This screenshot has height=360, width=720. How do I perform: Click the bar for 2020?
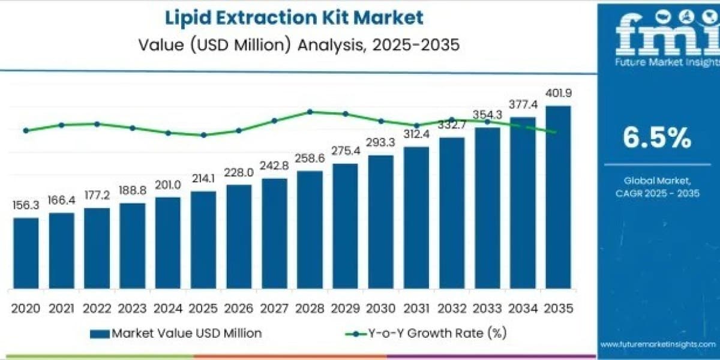coord(26,253)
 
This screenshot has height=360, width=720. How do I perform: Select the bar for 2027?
coord(275,233)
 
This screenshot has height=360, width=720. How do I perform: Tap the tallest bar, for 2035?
coord(559,197)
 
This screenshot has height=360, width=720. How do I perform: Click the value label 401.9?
coord(559,93)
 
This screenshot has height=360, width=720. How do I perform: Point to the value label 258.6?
coord(310,158)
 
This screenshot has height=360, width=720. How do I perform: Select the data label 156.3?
coord(26,205)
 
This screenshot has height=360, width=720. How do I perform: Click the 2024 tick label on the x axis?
coord(168,308)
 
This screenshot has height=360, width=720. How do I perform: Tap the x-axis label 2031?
coord(416,308)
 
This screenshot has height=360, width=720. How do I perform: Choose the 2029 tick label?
coord(345,308)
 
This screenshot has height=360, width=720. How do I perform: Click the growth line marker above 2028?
coord(310,112)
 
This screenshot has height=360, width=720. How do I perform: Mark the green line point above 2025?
coord(203,135)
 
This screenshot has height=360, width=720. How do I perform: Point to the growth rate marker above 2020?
coord(26,131)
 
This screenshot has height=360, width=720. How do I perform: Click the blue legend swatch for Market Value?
coord(100,334)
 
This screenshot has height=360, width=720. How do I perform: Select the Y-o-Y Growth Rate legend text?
coord(437,334)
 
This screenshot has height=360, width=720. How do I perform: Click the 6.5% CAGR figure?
coord(657,137)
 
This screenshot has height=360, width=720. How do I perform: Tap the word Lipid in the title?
coord(188,17)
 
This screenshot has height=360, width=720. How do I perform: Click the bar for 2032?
coord(452,213)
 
